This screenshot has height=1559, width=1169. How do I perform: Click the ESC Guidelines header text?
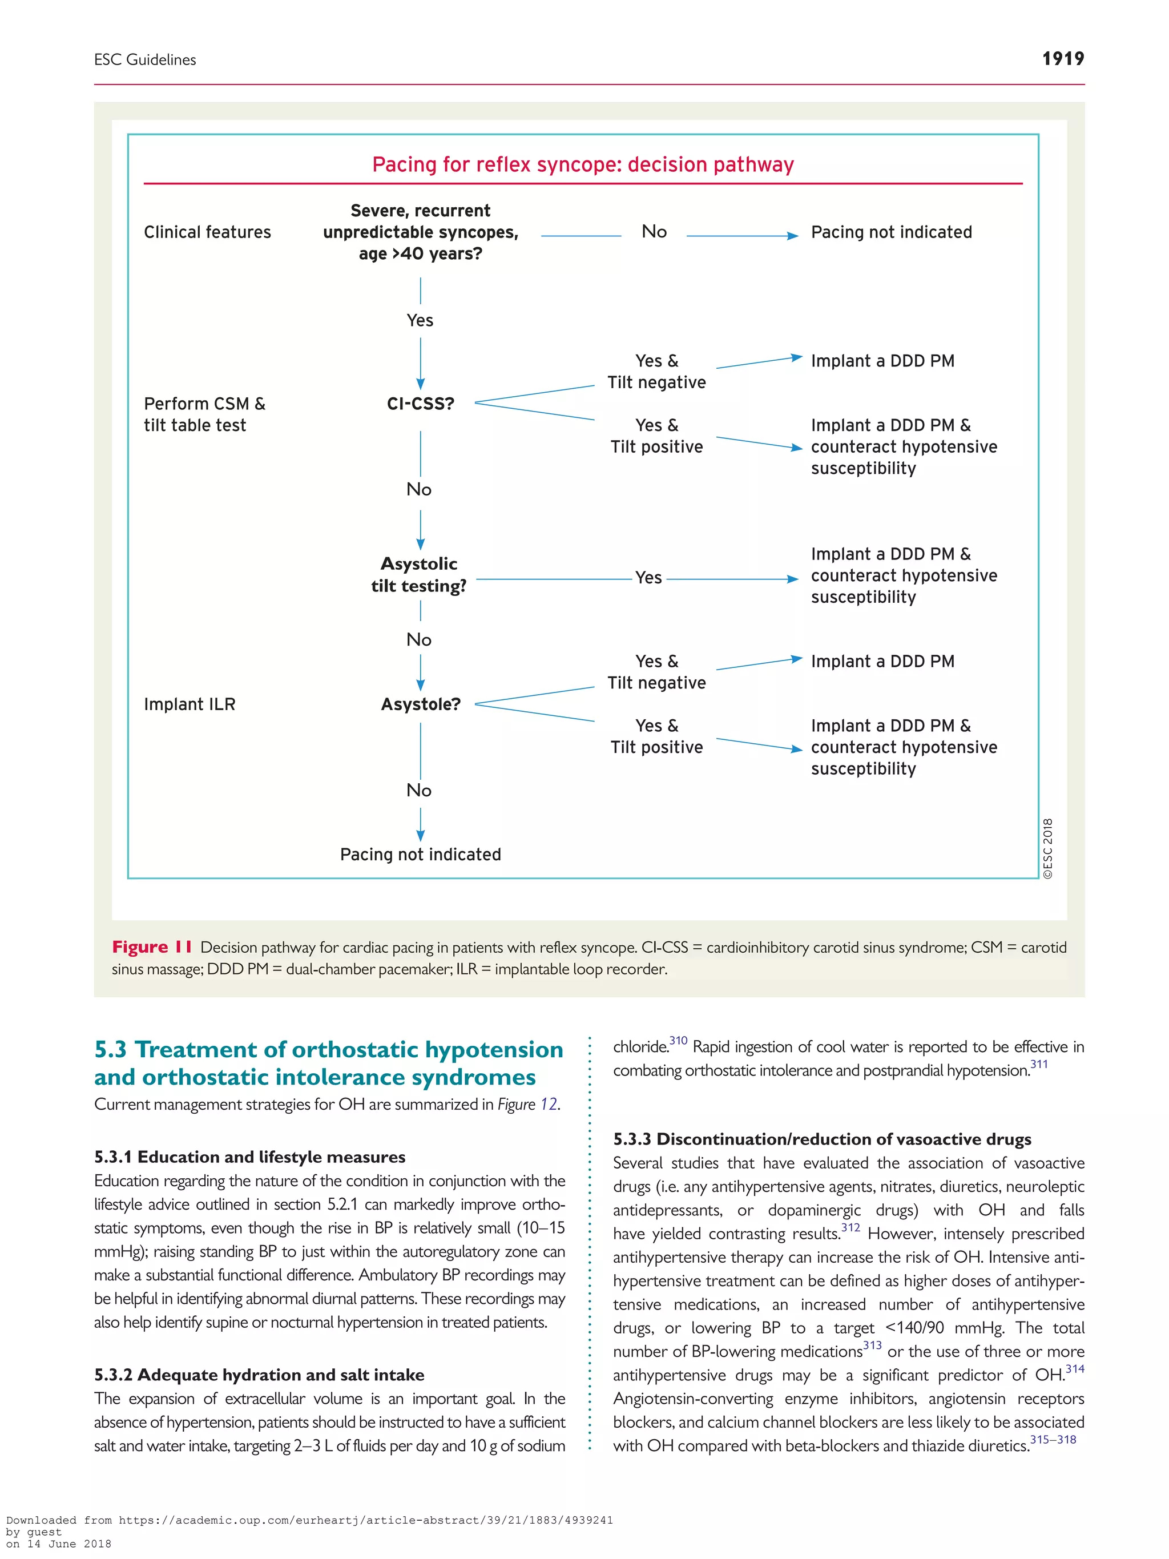tap(145, 60)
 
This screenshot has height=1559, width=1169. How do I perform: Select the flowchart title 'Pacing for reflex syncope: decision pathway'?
tap(583, 164)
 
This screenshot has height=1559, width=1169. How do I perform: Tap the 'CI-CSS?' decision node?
tap(421, 404)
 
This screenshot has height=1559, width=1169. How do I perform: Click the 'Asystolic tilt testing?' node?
tap(420, 574)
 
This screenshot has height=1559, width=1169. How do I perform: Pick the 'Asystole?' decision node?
tap(421, 704)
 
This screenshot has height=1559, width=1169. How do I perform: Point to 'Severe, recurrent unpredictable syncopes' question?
tap(421, 232)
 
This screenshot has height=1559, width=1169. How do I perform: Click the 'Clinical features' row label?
tap(207, 232)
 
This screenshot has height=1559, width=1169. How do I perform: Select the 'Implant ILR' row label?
tap(190, 704)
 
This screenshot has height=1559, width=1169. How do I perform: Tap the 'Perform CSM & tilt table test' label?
tap(204, 414)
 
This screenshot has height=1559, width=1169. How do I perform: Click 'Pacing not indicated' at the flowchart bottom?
tap(421, 854)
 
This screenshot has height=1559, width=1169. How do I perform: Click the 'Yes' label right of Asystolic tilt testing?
tap(648, 578)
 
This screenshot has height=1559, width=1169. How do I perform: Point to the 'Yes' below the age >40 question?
tap(420, 321)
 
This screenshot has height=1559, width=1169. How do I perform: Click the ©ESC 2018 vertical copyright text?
tap(1048, 848)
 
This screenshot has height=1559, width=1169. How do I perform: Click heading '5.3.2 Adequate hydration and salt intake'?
tap(259, 1375)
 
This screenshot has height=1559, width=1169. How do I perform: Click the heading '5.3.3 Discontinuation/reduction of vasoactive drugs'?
tap(821, 1139)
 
